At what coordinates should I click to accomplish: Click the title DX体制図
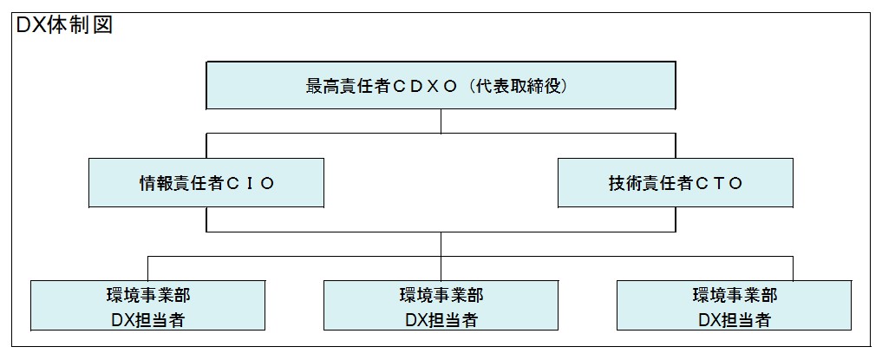pos(65,25)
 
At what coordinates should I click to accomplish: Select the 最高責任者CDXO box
pos(441,86)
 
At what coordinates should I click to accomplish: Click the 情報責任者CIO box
pos(206,183)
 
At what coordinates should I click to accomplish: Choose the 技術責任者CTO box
pos(676,183)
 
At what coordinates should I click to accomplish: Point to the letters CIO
pos(249,183)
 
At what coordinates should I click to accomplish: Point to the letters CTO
pos(718,183)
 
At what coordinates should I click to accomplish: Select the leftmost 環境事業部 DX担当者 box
pos(148,305)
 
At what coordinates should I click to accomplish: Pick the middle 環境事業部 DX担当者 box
pos(441,305)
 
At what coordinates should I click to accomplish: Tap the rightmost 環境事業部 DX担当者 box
pos(734,305)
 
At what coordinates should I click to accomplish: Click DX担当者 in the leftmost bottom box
pos(148,319)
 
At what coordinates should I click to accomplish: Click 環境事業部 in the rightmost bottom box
pos(735,295)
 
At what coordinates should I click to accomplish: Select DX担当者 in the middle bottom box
pos(441,319)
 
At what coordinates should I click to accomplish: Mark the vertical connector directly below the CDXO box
pos(441,121)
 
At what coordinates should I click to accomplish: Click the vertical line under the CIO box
pos(206,219)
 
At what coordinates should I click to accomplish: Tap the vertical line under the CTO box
pos(676,219)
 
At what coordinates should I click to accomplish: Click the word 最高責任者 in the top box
pos(348,87)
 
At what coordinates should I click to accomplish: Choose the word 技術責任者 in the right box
pos(650,183)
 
